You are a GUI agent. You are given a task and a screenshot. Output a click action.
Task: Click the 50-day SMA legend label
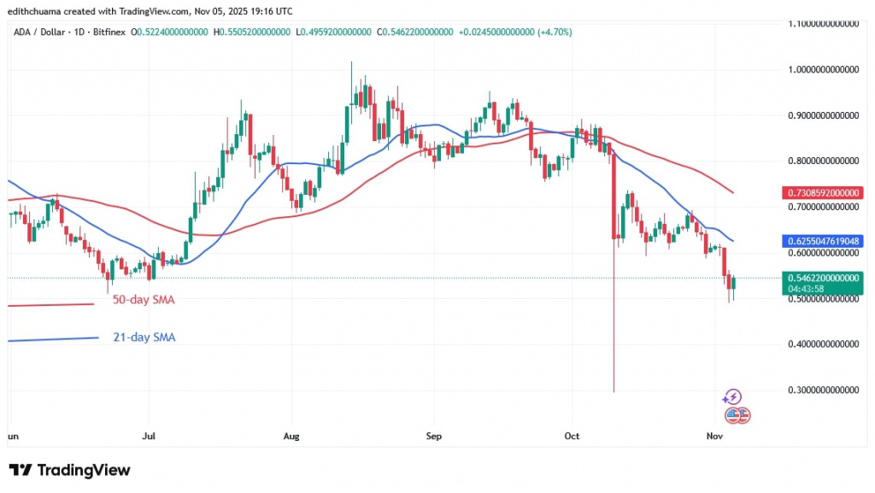(x=144, y=300)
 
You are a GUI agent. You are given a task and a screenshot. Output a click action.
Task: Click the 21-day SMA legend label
(x=144, y=337)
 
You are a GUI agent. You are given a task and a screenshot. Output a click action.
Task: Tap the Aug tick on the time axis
(x=291, y=436)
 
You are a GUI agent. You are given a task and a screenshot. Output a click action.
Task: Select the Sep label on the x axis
(x=433, y=436)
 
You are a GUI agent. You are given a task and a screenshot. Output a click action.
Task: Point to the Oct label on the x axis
(x=573, y=436)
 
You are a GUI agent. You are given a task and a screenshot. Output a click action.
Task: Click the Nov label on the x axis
(x=715, y=436)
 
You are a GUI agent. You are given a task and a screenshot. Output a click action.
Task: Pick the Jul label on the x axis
(x=149, y=436)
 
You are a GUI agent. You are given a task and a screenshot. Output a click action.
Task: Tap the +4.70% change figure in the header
(x=555, y=32)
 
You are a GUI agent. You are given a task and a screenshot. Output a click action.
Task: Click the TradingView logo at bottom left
(x=69, y=470)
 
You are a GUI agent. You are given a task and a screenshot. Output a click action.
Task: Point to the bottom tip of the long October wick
(x=614, y=391)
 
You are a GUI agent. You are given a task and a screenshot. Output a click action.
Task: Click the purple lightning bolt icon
(x=731, y=396)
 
